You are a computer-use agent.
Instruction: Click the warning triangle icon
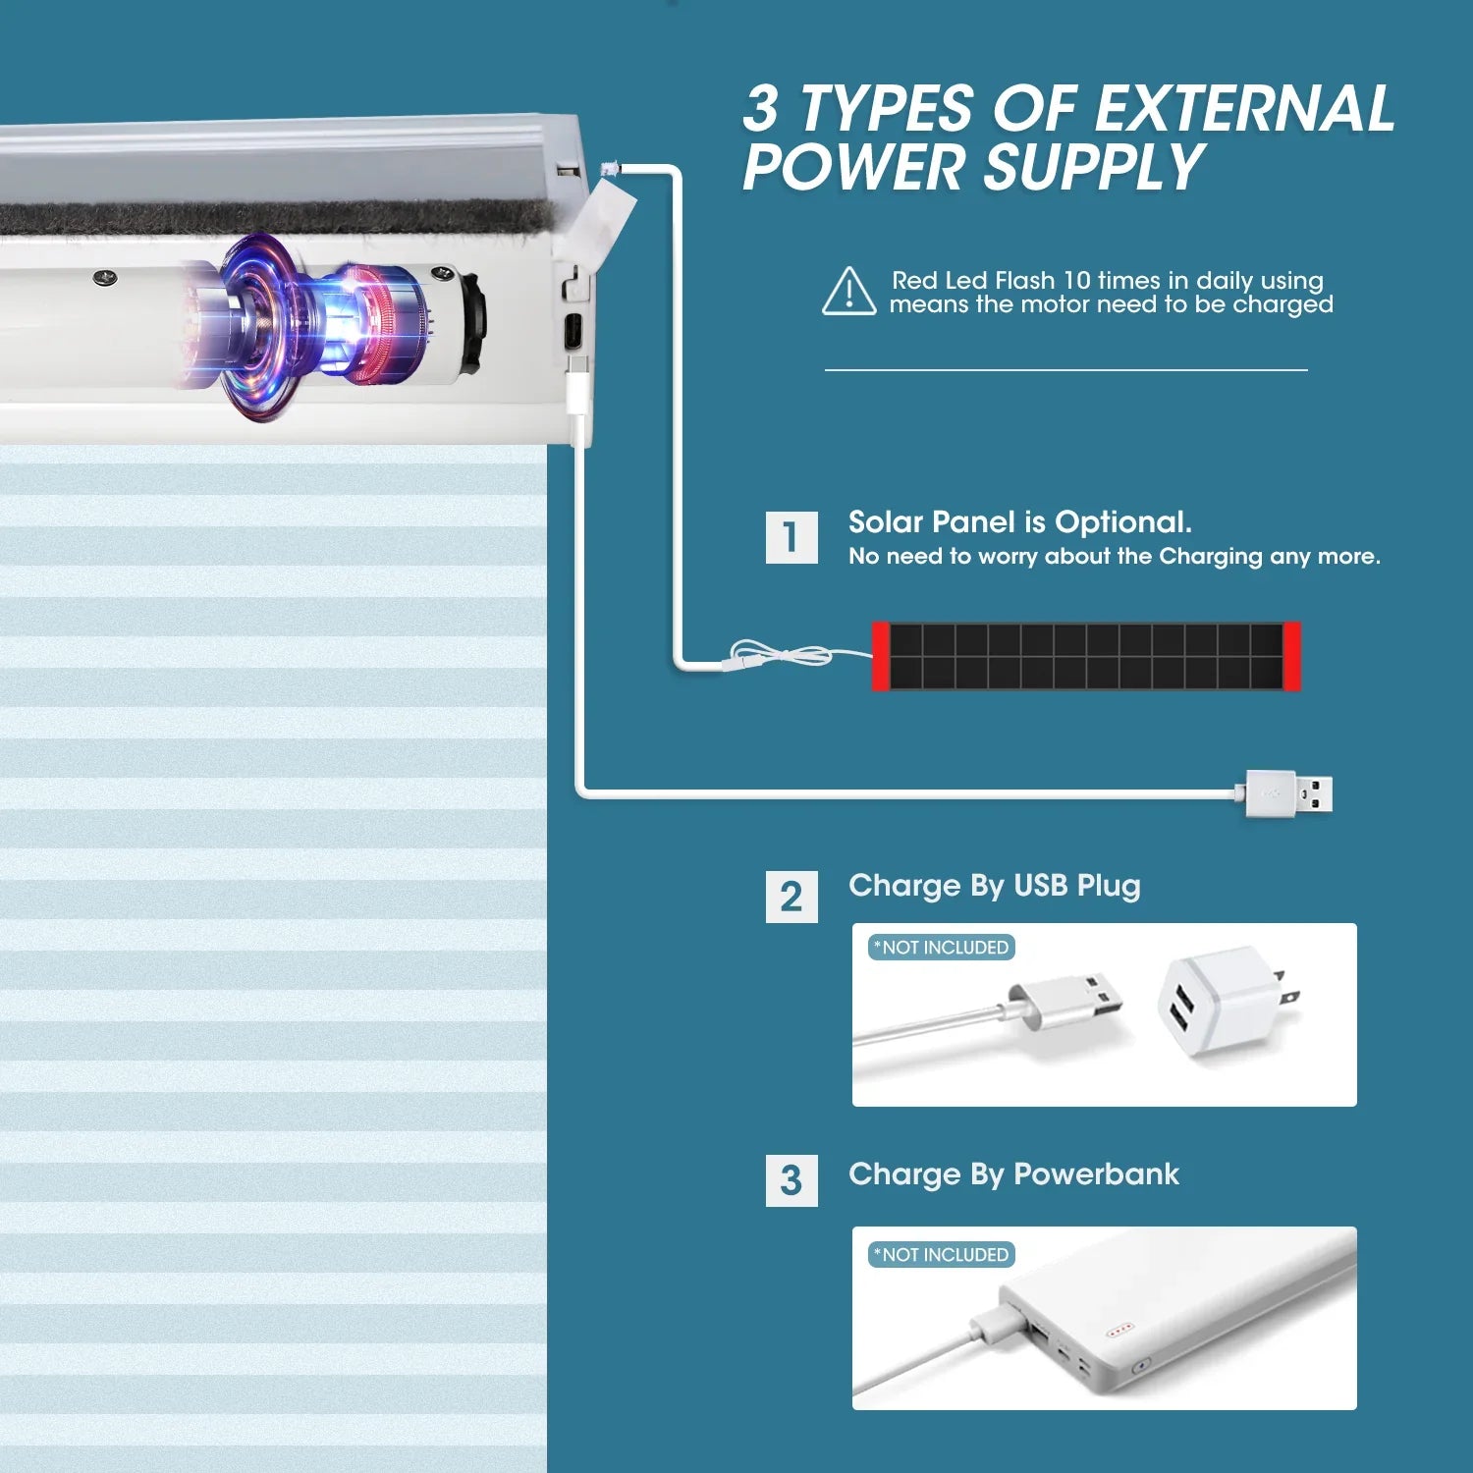pyautogui.click(x=849, y=292)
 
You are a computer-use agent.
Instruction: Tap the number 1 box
pyautogui.click(x=791, y=537)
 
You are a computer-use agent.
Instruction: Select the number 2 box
pyautogui.click(x=791, y=897)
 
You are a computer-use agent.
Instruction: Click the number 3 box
pyautogui.click(x=791, y=1180)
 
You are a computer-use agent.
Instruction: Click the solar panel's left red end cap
pyautogui.click(x=881, y=656)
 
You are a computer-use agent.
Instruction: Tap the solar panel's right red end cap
pyautogui.click(x=1291, y=656)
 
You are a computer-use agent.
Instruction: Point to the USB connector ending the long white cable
pyautogui.click(x=1289, y=793)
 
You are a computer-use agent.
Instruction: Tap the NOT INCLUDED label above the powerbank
pyautogui.click(x=942, y=1255)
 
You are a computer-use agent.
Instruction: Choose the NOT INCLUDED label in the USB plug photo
pyautogui.click(x=942, y=948)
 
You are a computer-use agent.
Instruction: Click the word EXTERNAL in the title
pyautogui.click(x=1244, y=108)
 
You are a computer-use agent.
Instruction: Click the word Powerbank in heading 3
pyautogui.click(x=1096, y=1174)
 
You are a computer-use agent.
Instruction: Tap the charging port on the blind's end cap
pyautogui.click(x=573, y=331)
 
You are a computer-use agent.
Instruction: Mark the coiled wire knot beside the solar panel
pyautogui.click(x=782, y=654)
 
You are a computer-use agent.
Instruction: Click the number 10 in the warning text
pyautogui.click(x=1077, y=281)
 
